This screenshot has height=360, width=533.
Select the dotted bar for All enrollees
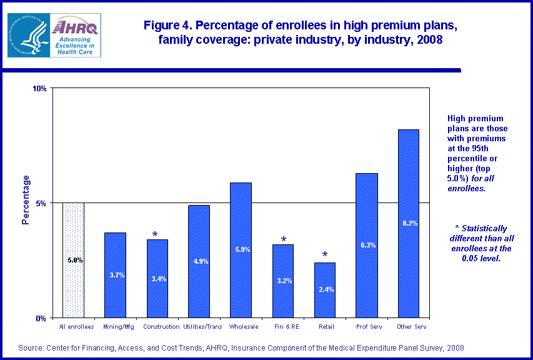pyautogui.click(x=74, y=260)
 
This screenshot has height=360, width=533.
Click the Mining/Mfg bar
pyautogui.click(x=115, y=275)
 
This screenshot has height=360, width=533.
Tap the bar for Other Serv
pyautogui.click(x=408, y=223)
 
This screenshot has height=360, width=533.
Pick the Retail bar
pyautogui.click(x=324, y=290)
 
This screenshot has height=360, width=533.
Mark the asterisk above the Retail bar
pyautogui.click(x=324, y=255)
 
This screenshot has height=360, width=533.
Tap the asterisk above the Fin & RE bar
pyautogui.click(x=283, y=240)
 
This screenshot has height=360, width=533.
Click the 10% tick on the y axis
pyautogui.click(x=40, y=89)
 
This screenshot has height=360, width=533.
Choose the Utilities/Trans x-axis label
pyautogui.click(x=199, y=327)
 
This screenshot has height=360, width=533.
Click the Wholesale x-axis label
pyautogui.click(x=241, y=327)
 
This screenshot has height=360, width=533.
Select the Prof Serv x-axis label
pyautogui.click(x=366, y=327)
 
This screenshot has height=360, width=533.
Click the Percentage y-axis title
pyautogui.click(x=26, y=200)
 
